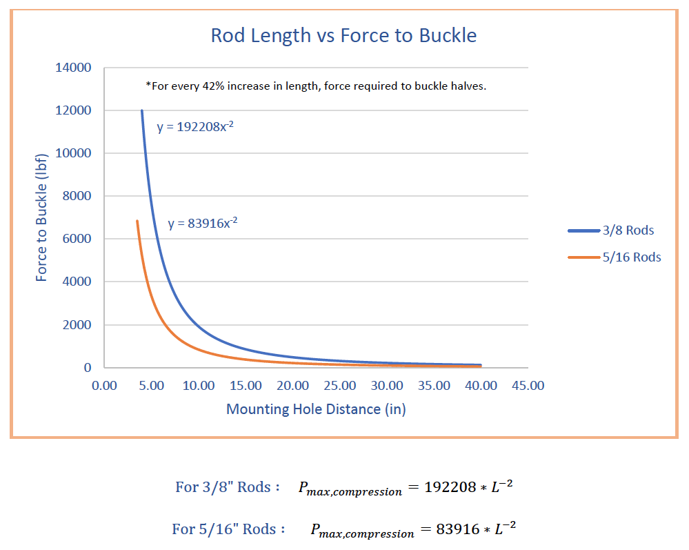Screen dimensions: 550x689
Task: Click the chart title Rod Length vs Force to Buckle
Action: pyautogui.click(x=343, y=35)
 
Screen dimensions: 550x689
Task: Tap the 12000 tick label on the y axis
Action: pyautogui.click(x=74, y=110)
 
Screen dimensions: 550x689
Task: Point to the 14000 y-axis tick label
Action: pyautogui.click(x=74, y=68)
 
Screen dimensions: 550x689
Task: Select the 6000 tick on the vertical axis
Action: pyautogui.click(x=77, y=239)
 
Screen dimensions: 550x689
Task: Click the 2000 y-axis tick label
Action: pyautogui.click(x=77, y=325)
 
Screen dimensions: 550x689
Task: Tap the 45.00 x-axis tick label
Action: pyautogui.click(x=528, y=385)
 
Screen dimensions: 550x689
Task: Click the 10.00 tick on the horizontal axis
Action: pyautogui.click(x=199, y=385)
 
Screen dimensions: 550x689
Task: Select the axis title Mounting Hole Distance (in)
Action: pyautogui.click(x=316, y=409)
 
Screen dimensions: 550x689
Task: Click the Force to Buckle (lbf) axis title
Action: pyautogui.click(x=42, y=218)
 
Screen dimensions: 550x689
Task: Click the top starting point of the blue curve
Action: pyautogui.click(x=142, y=110)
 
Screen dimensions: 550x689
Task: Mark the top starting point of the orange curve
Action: pyautogui.click(x=137, y=222)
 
